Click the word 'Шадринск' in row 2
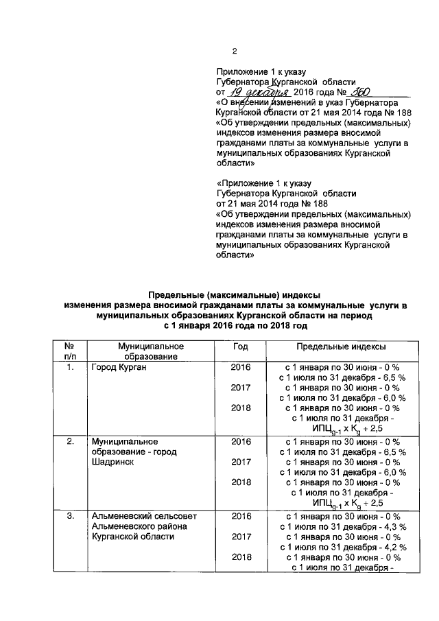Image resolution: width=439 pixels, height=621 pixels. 112,462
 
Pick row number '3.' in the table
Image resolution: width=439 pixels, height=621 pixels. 70,515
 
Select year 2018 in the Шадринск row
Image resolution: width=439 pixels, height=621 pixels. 241,482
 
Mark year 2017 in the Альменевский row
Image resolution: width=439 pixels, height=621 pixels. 241,536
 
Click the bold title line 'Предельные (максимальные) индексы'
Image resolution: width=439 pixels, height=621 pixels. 236,294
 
